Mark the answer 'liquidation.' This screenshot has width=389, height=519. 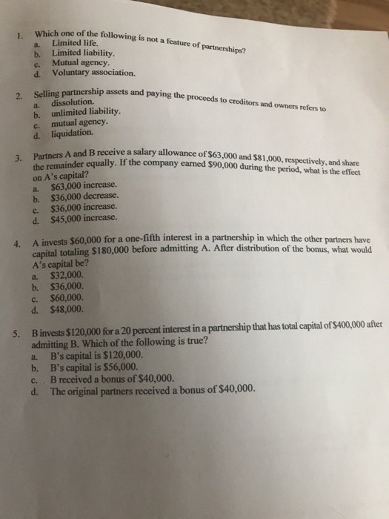(x=73, y=133)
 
